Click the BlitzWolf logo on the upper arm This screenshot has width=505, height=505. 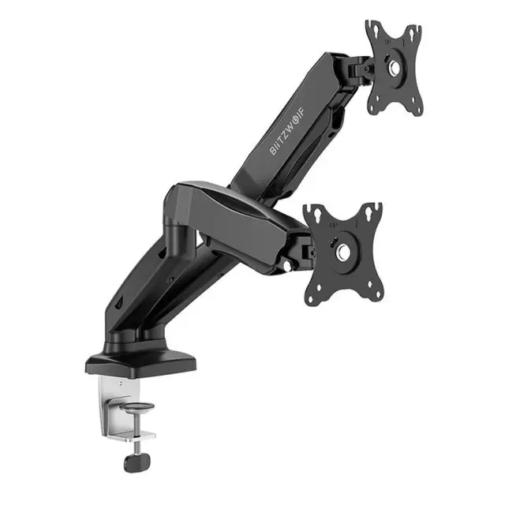[287, 130]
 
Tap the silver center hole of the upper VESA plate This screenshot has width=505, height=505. [395, 67]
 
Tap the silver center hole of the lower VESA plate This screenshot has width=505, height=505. [342, 250]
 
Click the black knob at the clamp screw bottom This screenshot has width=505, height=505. [137, 462]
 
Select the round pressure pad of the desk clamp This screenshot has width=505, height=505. [137, 407]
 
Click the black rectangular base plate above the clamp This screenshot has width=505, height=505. [140, 363]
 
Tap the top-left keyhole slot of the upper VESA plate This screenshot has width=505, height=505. [376, 30]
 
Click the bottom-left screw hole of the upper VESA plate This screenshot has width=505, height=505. [377, 98]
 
